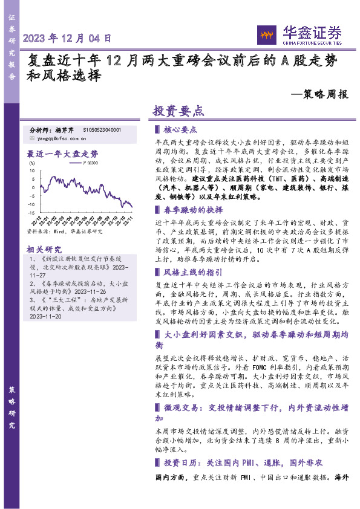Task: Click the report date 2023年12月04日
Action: point(67,38)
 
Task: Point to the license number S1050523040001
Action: point(102,130)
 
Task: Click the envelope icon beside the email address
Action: point(31,137)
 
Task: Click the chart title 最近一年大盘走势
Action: point(63,154)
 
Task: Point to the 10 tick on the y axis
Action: point(32,170)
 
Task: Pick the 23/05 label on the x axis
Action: point(75,219)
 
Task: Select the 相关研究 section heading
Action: point(45,249)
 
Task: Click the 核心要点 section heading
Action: point(180,129)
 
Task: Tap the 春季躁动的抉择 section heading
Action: point(189,210)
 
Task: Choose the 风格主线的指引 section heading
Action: point(189,272)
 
